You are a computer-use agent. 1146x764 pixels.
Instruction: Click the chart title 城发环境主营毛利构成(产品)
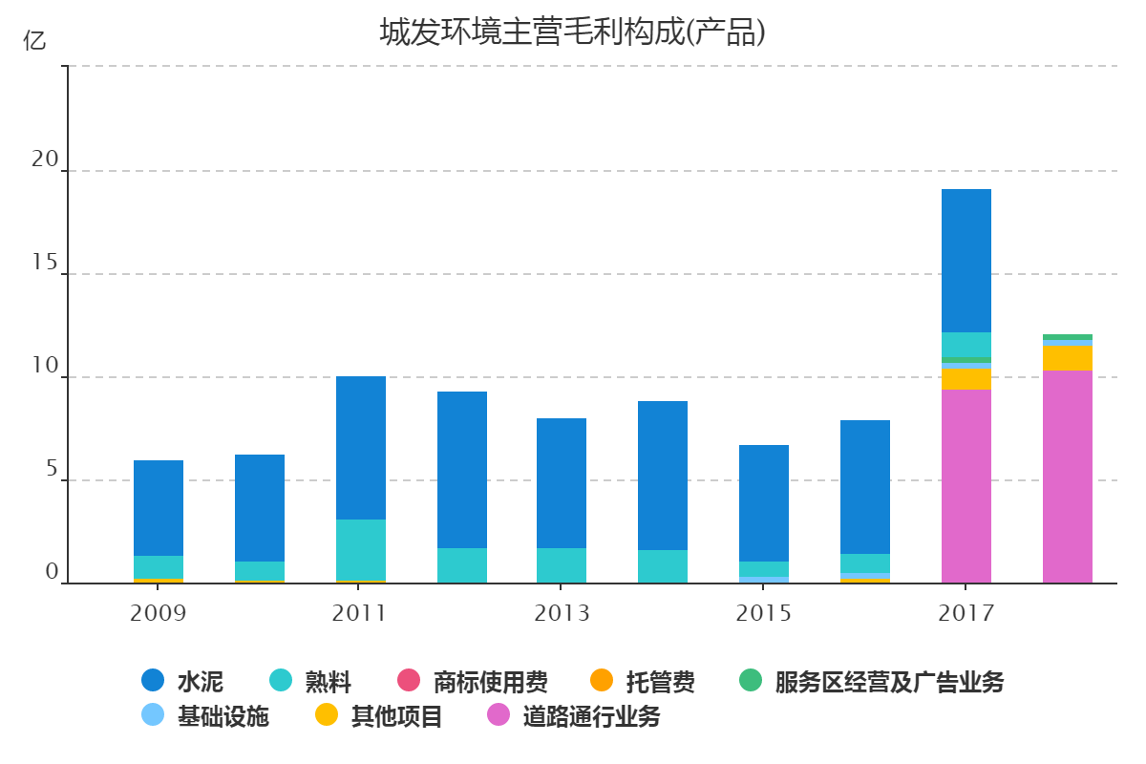(573, 33)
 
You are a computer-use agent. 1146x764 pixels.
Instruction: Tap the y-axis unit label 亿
(34, 41)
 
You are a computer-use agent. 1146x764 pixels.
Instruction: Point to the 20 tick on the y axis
(45, 160)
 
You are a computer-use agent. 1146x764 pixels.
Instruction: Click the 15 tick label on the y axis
(45, 264)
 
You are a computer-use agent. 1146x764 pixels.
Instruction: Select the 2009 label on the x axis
(159, 613)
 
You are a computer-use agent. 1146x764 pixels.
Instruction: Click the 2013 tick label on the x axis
(562, 613)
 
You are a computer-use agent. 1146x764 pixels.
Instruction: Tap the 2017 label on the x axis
(966, 613)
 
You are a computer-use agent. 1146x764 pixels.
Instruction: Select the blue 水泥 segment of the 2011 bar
(361, 448)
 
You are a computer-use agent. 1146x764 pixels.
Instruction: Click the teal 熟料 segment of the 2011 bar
(361, 549)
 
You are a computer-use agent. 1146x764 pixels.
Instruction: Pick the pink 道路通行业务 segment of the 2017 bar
(966, 486)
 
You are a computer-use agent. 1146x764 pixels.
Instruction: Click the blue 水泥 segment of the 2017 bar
(966, 261)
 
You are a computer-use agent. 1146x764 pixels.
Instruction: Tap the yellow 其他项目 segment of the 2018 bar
(1068, 358)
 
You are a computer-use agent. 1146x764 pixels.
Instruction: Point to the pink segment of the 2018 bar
(1068, 477)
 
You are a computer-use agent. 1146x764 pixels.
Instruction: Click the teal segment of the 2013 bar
(562, 565)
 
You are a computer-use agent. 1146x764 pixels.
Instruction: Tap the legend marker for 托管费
(602, 681)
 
